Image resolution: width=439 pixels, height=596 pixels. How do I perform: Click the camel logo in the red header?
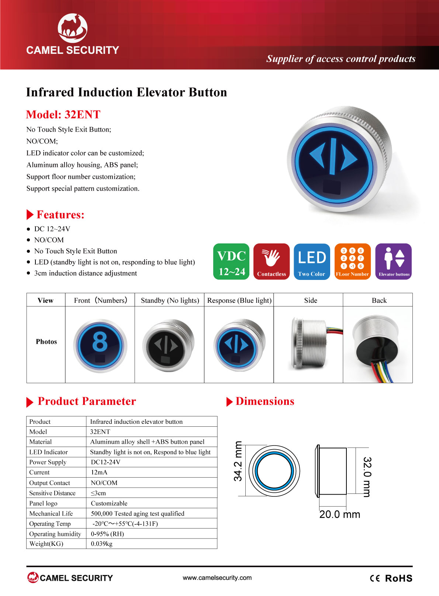tap(73, 28)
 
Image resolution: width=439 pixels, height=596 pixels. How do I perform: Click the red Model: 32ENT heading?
tap(63, 114)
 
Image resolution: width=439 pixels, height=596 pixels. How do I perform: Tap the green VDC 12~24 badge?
tap(231, 261)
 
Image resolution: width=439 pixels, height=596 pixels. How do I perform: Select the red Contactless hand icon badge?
tap(272, 261)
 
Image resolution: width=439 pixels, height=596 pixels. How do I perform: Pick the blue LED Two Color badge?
tap(312, 261)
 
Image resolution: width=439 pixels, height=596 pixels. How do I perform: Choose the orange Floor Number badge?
tap(353, 261)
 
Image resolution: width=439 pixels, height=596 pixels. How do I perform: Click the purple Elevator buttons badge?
tap(394, 261)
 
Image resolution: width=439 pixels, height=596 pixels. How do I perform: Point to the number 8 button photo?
tap(100, 346)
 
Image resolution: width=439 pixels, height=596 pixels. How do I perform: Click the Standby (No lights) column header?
tap(170, 300)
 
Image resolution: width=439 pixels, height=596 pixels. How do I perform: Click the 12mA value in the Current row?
tap(99, 472)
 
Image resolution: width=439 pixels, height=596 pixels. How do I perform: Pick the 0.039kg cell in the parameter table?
tap(102, 544)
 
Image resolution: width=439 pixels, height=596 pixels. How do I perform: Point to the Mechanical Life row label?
tap(51, 513)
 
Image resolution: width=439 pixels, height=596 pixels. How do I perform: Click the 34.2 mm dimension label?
tap(238, 461)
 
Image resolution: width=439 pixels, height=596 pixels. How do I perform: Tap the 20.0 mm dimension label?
tap(340, 514)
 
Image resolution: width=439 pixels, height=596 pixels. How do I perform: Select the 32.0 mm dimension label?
tap(367, 477)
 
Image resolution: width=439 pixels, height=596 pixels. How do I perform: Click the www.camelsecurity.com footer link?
tap(217, 578)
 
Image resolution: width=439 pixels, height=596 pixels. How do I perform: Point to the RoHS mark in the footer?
tap(399, 578)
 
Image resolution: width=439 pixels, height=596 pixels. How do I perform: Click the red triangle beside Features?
tap(30, 215)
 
